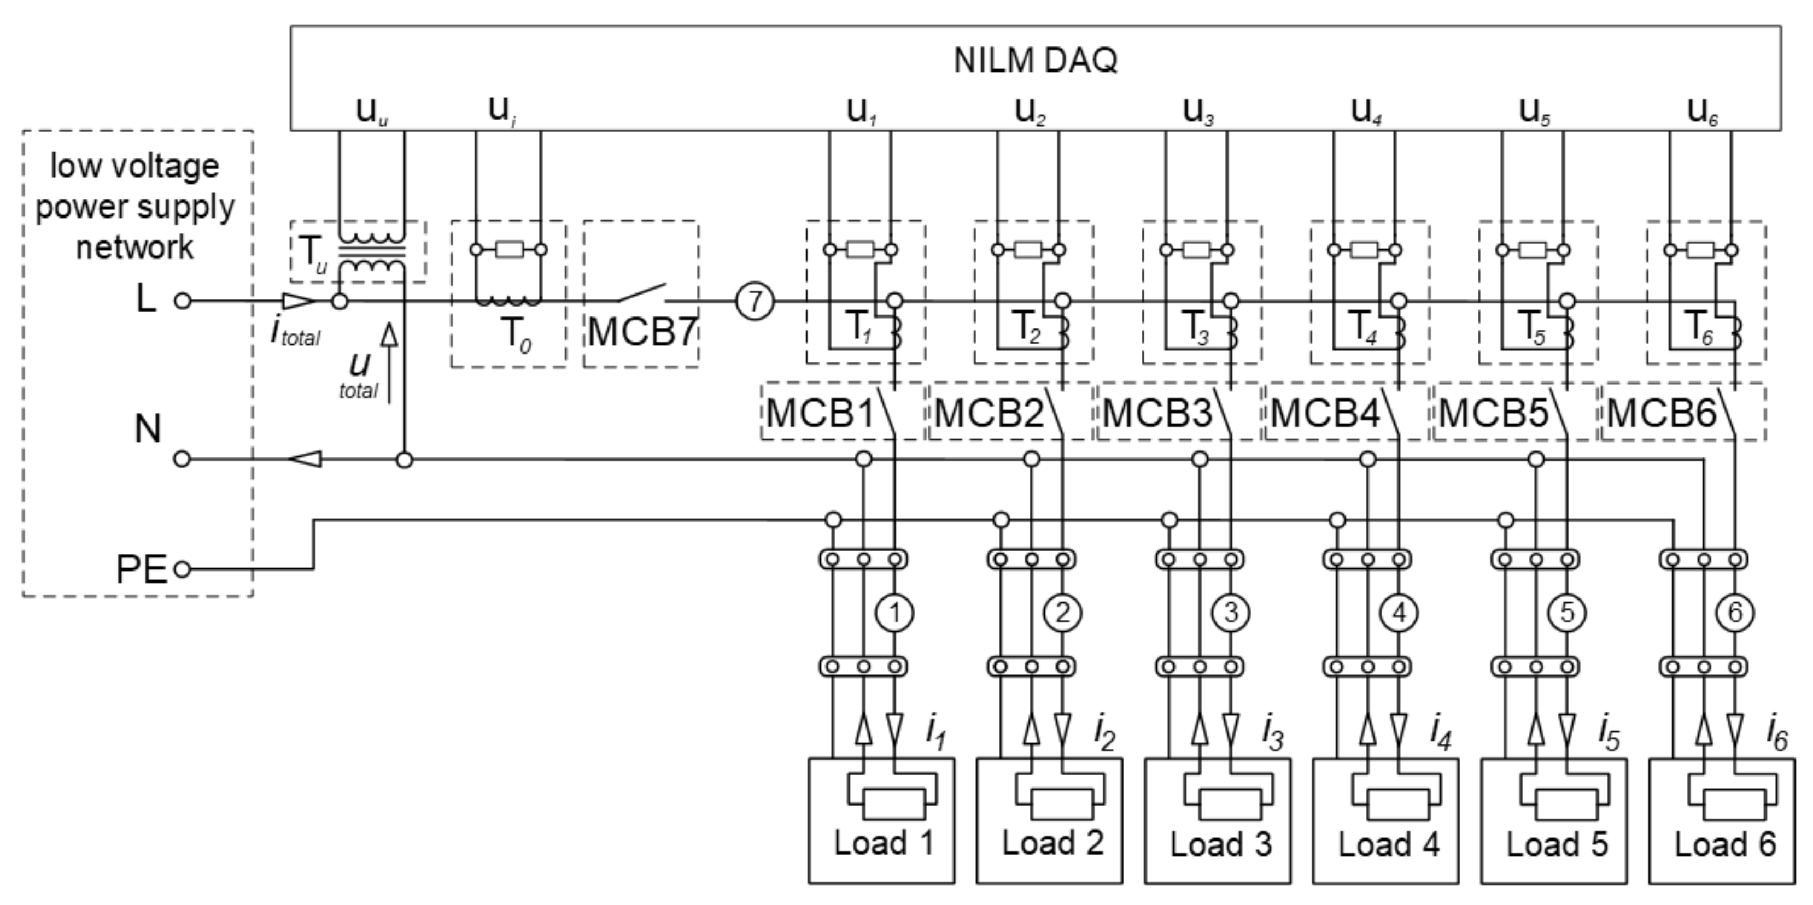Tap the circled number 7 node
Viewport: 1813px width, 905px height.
click(x=755, y=301)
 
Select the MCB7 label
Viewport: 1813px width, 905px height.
click(x=641, y=332)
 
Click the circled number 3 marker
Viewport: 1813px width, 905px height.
click(x=1230, y=613)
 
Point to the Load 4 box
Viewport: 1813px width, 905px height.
click(x=1385, y=820)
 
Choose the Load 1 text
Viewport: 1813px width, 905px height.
click(x=884, y=843)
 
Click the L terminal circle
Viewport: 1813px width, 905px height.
click(x=182, y=301)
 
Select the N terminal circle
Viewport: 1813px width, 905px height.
click(x=182, y=460)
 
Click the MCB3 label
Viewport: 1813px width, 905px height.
click(x=1156, y=413)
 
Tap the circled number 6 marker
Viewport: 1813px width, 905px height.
click(x=1734, y=613)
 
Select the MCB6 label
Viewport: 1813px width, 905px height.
click(x=1661, y=413)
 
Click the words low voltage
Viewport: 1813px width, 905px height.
click(x=134, y=166)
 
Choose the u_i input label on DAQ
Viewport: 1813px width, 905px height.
click(x=501, y=111)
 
